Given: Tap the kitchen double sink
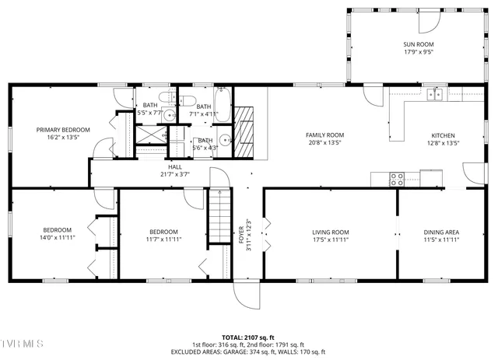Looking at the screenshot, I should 434,95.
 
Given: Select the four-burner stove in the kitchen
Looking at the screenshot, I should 396,177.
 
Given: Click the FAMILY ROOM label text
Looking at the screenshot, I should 324,135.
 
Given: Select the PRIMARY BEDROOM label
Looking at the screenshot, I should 63,130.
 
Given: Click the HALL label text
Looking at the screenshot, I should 175,166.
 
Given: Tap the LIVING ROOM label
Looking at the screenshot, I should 331,232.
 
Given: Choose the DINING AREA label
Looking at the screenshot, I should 441,232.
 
